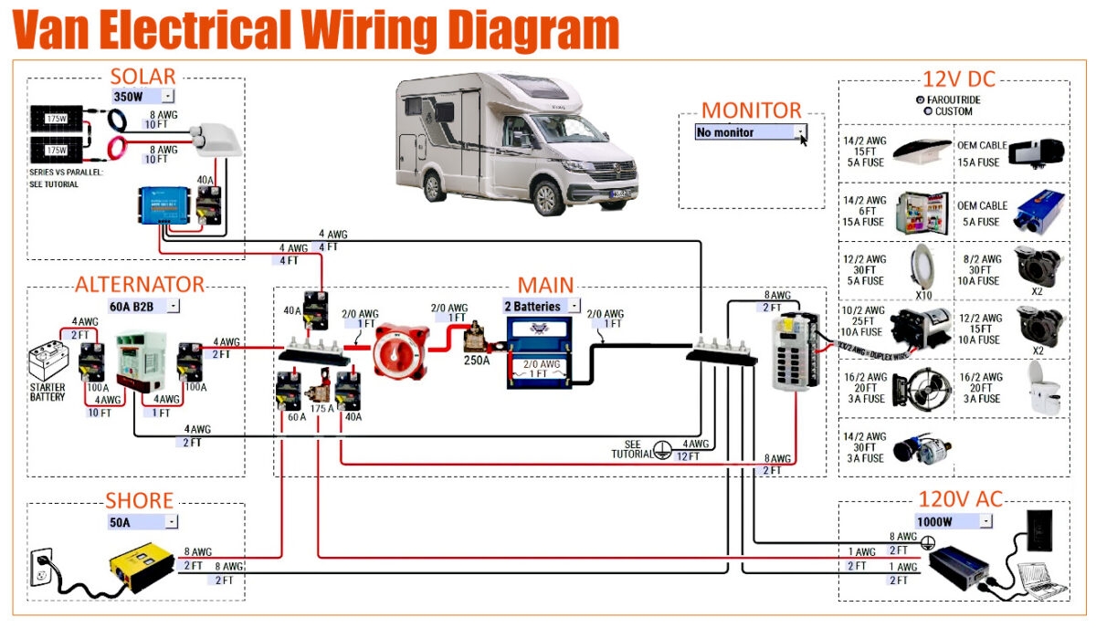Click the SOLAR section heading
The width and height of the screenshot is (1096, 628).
(x=142, y=77)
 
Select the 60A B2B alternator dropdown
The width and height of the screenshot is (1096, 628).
(x=143, y=306)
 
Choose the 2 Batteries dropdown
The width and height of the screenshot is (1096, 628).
(x=542, y=306)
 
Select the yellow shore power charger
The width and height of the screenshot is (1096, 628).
(x=142, y=568)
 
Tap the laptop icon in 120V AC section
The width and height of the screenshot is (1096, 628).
(x=1042, y=580)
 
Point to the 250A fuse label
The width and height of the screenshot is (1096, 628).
(x=475, y=361)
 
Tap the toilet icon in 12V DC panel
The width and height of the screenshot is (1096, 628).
(x=1040, y=389)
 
